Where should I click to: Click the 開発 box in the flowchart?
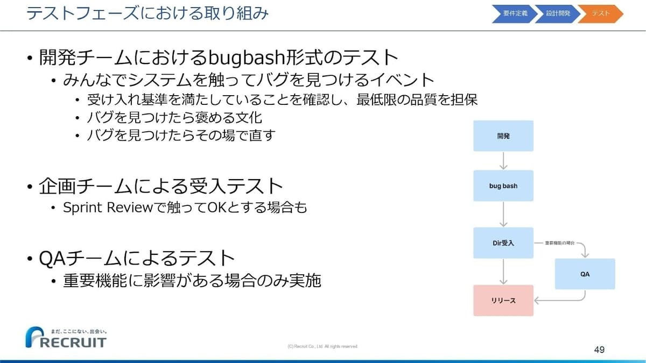(503, 136)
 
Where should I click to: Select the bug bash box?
(503, 186)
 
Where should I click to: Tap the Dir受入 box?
(503, 243)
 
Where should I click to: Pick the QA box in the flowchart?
(585, 274)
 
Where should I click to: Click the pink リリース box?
(503, 301)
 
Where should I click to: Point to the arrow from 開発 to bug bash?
(503, 161)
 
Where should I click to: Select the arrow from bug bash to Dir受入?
(503, 214)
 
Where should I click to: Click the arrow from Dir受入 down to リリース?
(503, 272)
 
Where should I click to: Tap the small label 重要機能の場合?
(560, 243)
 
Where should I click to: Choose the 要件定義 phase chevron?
(515, 13)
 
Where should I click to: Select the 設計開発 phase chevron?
(558, 13)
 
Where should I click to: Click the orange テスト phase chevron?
(601, 13)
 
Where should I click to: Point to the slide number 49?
(599, 350)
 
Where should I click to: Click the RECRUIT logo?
(66, 337)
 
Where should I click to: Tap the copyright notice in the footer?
(322, 346)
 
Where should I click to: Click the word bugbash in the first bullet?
(247, 58)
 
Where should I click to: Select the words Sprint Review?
(108, 208)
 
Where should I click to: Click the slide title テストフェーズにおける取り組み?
(148, 13)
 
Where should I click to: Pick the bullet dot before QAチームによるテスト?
(30, 259)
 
